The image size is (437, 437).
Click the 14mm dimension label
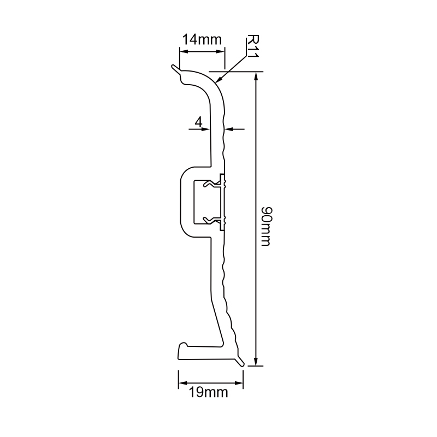(x=202, y=40)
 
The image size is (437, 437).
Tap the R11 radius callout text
(x=252, y=46)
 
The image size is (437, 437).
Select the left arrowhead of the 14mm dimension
(x=183, y=52)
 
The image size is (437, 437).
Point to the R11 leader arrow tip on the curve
(x=218, y=81)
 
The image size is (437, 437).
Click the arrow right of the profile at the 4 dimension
(x=229, y=129)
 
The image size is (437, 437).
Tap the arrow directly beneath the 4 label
(x=206, y=129)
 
